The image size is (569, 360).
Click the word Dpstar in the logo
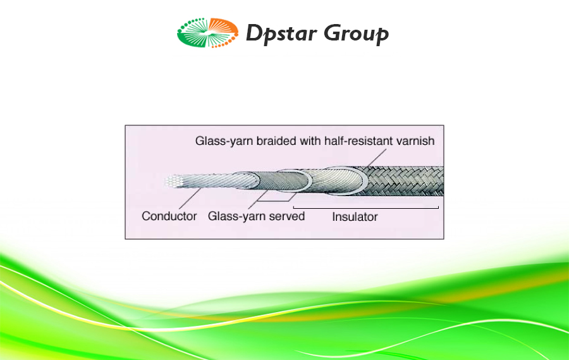[x=281, y=34]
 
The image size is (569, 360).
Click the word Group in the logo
[x=357, y=34]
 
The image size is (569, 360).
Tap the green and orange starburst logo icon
[x=207, y=33]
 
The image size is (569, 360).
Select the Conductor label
[x=169, y=216]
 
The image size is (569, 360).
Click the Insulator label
[x=355, y=217]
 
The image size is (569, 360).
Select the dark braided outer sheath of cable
[x=405, y=181]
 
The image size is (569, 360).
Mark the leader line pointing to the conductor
[x=190, y=198]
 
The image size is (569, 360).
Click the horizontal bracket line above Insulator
[x=366, y=208]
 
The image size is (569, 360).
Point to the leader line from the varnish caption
[x=376, y=158]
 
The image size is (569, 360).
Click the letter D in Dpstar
[x=254, y=33]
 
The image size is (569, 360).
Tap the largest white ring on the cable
[x=346, y=181]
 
